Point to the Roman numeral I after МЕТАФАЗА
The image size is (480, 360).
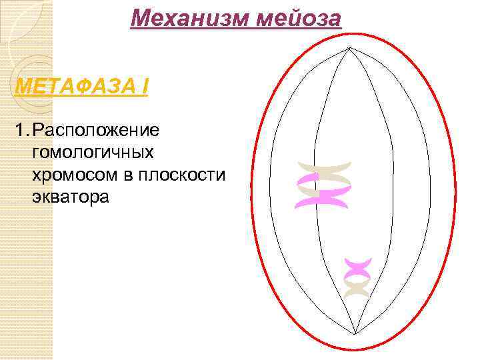pos(143,86)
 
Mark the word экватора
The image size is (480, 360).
pos(69,197)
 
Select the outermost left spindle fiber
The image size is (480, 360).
pos(270,193)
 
